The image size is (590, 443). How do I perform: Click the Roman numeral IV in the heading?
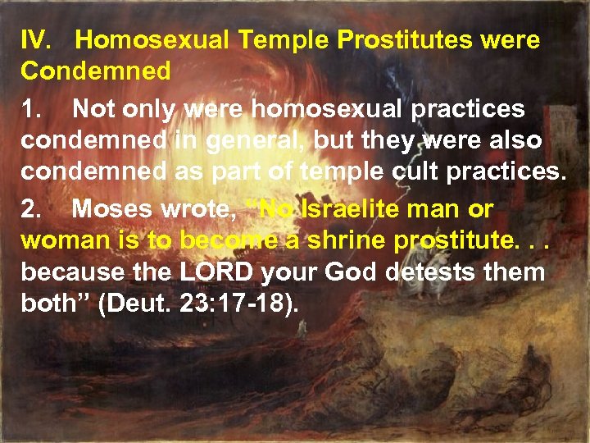coord(38,39)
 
